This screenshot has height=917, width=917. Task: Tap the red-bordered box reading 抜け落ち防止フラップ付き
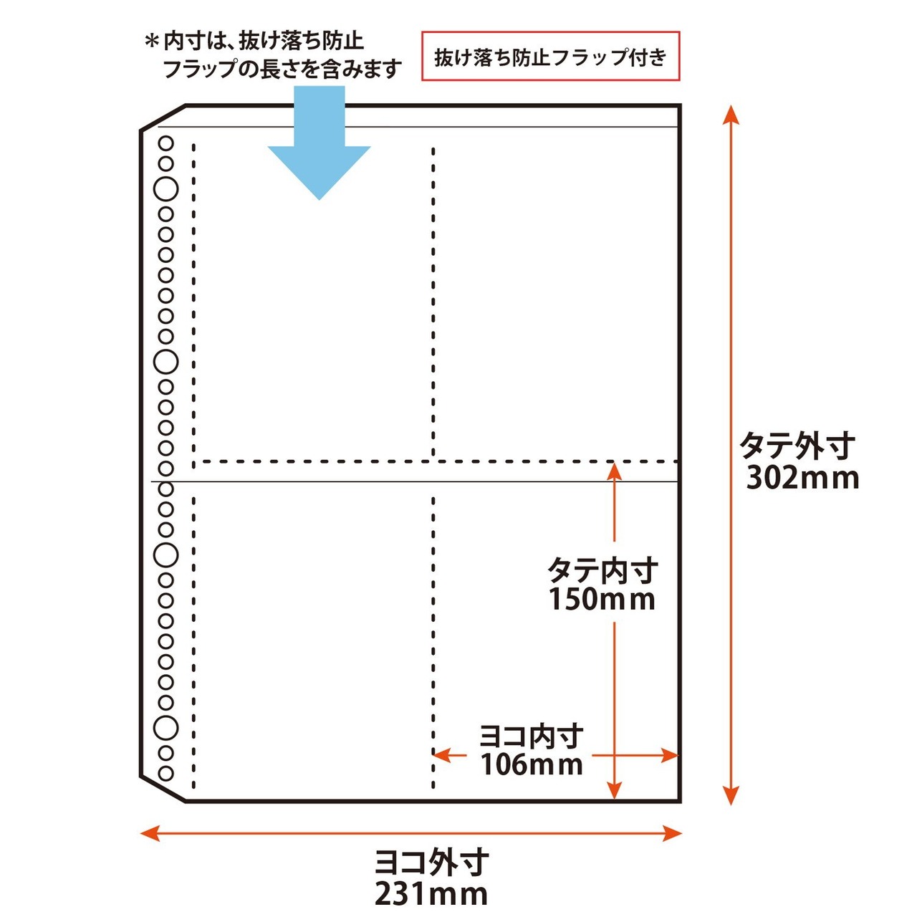click(x=550, y=57)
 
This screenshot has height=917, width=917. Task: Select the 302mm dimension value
click(x=802, y=478)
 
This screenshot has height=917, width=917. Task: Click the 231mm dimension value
click(x=431, y=894)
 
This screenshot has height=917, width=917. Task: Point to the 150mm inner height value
click(x=602, y=600)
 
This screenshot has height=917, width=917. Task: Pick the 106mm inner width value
click(x=532, y=765)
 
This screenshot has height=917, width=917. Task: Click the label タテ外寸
click(x=797, y=446)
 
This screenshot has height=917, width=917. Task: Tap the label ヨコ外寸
click(x=432, y=863)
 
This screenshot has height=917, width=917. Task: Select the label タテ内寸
click(x=602, y=570)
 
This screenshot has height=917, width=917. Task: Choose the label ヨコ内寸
click(x=531, y=736)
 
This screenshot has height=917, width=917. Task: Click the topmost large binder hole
click(x=166, y=189)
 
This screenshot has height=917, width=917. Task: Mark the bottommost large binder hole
click(x=166, y=728)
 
